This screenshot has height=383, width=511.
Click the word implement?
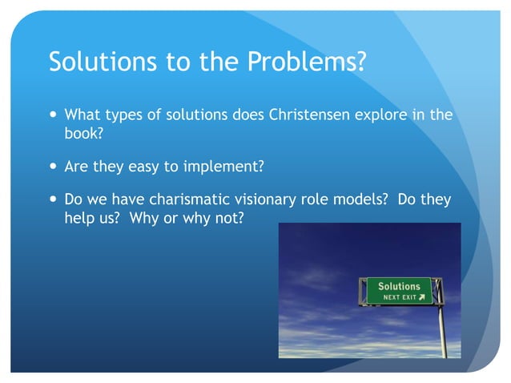[225, 167]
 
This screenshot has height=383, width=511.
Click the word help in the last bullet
[79, 218]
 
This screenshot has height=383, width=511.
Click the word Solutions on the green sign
[399, 286]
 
